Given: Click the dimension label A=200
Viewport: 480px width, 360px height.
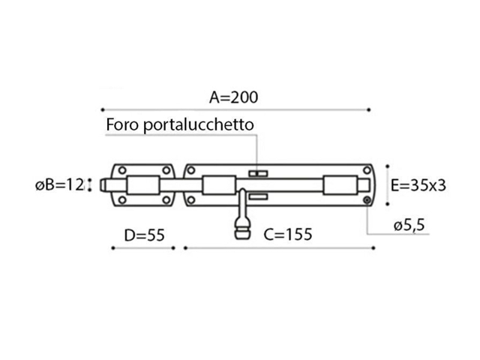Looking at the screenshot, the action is tap(233, 97).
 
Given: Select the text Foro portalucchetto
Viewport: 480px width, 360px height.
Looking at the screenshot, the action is tap(180, 124).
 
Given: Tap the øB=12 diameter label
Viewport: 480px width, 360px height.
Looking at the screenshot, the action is tap(59, 185).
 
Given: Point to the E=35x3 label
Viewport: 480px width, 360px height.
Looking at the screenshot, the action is tap(418, 185).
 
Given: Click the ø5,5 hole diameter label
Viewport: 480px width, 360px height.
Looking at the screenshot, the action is tap(409, 225).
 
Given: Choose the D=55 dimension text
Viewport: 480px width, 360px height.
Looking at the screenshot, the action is tap(144, 235).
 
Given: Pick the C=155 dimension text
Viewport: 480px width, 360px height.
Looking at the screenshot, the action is tap(288, 235).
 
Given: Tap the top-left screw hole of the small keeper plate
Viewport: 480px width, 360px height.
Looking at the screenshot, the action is tap(122, 170).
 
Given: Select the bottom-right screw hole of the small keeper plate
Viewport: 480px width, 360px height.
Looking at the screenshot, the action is tap(166, 200).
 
